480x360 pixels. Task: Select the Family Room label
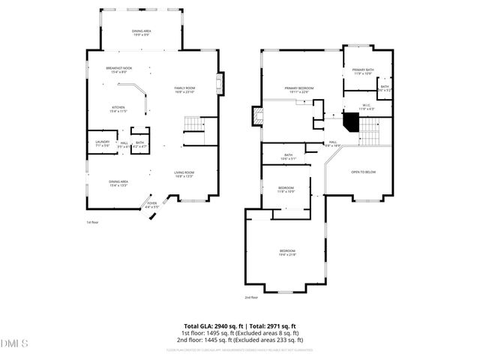coord(184,89)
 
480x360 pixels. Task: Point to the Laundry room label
coord(103,143)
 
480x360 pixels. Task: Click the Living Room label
coord(184,174)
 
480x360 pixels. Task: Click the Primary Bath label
coord(362,71)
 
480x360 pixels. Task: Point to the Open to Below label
coord(363,172)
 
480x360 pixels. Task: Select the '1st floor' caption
coord(92,222)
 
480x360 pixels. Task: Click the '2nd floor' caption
coord(251,297)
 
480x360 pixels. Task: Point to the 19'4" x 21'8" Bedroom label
coord(288,252)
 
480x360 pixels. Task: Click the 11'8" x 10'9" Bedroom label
coord(286,189)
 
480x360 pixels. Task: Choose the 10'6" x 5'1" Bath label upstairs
coord(289,157)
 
